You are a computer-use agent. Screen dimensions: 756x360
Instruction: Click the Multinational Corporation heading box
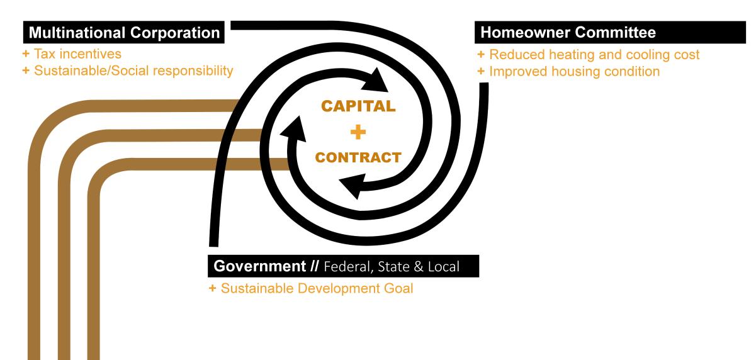point(123,32)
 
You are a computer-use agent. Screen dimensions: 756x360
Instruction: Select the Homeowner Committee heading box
point(610,32)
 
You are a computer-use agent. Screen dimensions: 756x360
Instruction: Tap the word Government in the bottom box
point(259,266)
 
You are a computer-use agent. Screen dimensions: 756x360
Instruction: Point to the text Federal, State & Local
point(392,267)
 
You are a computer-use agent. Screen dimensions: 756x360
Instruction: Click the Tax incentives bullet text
point(72,53)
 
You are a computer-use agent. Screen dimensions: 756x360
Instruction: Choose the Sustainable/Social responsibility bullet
point(128,70)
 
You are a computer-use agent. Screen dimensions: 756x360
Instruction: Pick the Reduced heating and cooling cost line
point(589,54)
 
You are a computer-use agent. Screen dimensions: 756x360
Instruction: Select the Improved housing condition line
point(568,71)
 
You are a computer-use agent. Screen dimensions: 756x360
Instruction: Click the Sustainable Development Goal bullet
point(311,288)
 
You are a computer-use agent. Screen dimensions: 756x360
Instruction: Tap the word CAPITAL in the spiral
point(358,106)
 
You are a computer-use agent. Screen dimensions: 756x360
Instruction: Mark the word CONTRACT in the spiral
point(358,157)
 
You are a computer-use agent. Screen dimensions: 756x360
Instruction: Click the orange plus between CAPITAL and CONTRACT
point(358,132)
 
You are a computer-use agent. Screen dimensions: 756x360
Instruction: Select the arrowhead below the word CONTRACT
point(353,186)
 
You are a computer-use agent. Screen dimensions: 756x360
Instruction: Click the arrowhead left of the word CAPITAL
point(293,130)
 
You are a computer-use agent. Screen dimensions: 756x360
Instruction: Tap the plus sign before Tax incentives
point(26,53)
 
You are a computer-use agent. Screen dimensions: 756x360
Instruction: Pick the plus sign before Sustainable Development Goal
point(212,288)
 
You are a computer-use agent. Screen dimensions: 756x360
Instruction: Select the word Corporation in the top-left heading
point(175,33)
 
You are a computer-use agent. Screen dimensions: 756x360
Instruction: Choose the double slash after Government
point(314,266)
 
